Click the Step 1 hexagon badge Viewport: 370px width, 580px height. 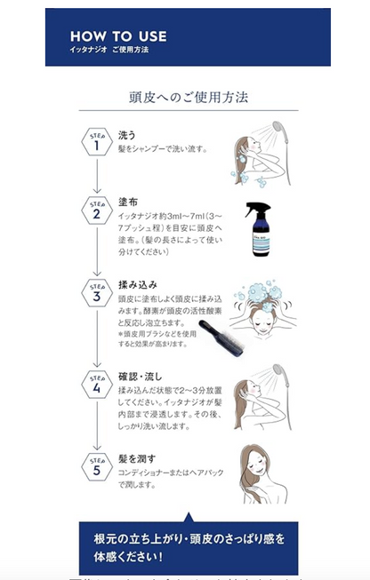point(96,141)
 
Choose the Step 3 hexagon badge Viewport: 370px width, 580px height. point(96,293)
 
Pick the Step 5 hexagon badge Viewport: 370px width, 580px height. point(96,465)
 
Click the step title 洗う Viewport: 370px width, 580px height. point(127,134)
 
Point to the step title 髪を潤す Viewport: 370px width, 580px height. point(137,457)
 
